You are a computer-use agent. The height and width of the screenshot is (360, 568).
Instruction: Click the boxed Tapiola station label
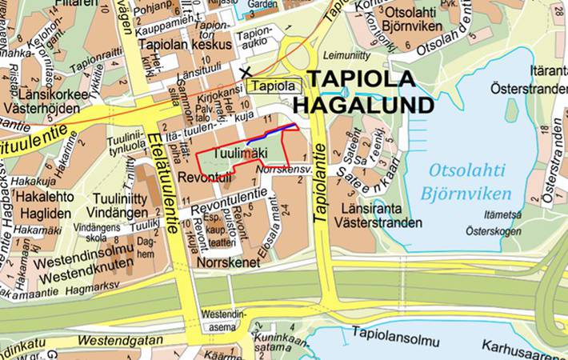tap(274, 86)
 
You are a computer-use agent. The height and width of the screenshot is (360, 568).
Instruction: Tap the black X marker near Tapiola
tap(243, 73)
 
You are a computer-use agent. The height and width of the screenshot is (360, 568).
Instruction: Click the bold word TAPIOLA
tap(362, 80)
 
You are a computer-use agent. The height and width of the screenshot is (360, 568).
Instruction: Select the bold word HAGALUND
tap(365, 105)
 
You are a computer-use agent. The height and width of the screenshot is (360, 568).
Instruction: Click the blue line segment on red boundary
tap(272, 134)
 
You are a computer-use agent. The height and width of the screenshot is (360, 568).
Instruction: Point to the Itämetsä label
tap(504, 215)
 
